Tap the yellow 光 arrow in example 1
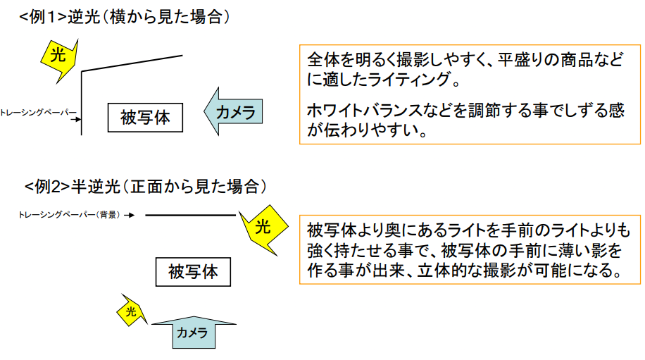tap(60, 56)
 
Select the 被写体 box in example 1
tap(145, 117)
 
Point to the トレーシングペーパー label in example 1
tap(34, 112)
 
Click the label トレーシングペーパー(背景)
tap(69, 215)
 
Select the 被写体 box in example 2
tap(193, 271)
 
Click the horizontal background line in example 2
tap(190, 215)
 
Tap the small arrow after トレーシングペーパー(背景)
tap(130, 215)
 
